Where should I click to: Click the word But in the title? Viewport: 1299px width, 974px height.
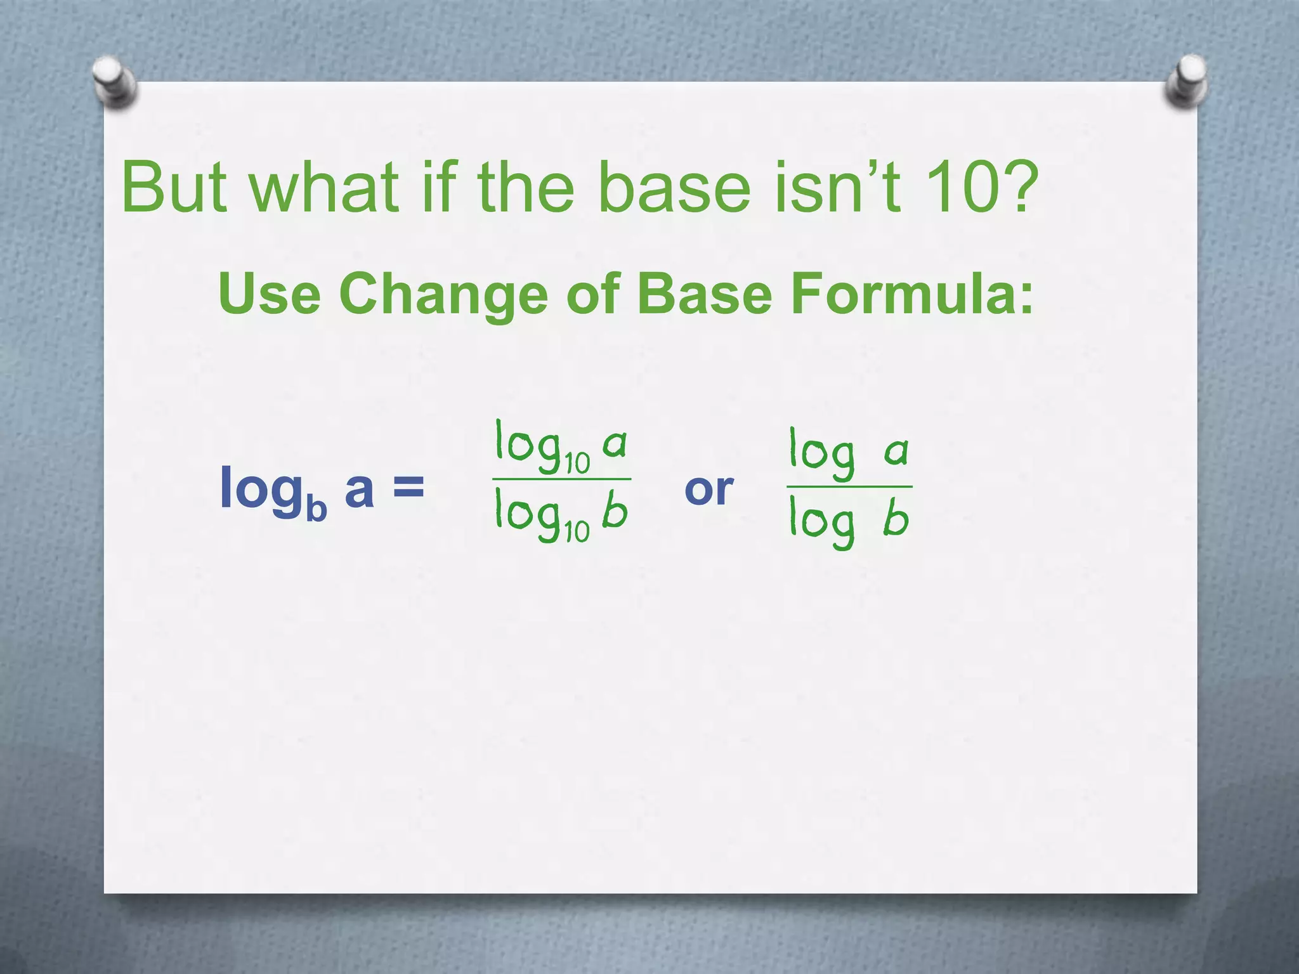174,187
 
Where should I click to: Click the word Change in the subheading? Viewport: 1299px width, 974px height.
443,295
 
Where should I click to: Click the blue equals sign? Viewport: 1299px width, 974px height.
408,488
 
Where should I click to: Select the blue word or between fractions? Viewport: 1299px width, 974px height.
708,490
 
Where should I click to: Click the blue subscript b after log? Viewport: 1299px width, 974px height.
316,509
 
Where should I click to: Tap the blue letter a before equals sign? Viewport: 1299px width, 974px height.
359,490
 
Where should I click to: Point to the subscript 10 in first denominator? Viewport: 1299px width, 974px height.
577,532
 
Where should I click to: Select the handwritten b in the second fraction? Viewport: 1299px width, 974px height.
896,518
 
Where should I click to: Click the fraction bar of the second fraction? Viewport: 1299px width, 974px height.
849,487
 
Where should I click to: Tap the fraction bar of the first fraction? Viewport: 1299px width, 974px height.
561,479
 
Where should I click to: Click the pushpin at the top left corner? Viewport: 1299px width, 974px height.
114,82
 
